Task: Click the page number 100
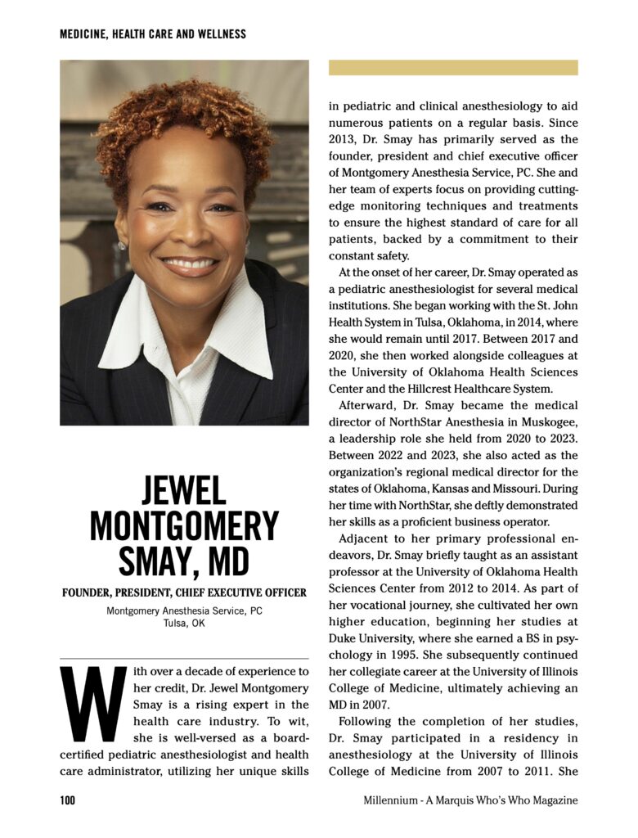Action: [x=67, y=800]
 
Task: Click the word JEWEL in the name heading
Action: [x=184, y=491]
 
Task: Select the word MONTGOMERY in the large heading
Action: [x=184, y=526]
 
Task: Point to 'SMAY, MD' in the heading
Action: [x=184, y=561]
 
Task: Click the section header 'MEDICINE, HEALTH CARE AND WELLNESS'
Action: [x=153, y=34]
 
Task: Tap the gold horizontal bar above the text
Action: [x=453, y=67]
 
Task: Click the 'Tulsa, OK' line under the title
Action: [x=184, y=623]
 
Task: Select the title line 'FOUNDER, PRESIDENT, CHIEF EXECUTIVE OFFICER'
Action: [x=184, y=592]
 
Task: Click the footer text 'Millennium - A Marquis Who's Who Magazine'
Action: [x=470, y=800]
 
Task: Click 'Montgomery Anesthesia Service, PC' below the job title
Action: [x=184, y=610]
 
